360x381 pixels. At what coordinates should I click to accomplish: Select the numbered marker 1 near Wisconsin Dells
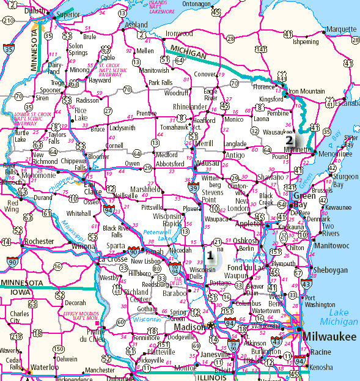[210, 255]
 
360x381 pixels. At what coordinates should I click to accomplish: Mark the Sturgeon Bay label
[345, 180]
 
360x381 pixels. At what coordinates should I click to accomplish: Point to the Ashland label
[136, 24]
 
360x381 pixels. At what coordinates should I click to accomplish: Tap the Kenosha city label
[321, 368]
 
